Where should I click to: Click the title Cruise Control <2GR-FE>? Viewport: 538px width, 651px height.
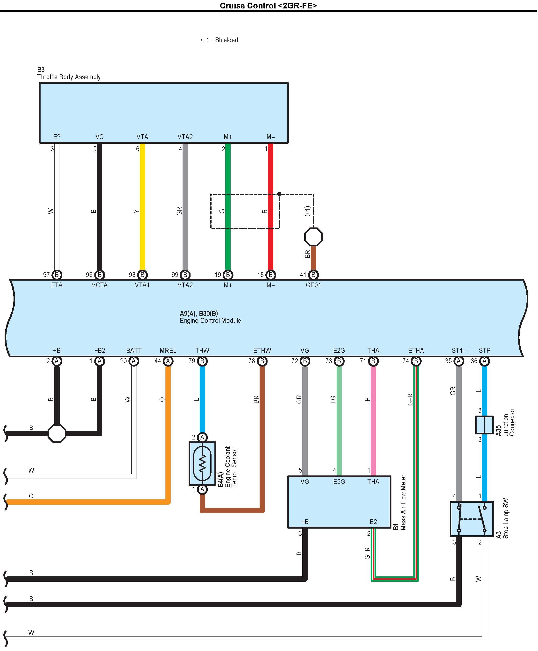pyautogui.click(x=268, y=6)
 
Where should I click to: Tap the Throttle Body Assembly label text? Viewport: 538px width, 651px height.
pyautogui.click(x=69, y=77)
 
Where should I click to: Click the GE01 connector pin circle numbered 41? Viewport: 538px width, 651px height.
pyautogui.click(x=313, y=275)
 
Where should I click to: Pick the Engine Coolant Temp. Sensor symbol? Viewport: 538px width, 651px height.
pyautogui.click(x=202, y=463)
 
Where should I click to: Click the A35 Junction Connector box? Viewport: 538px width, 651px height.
pyautogui.click(x=484, y=425)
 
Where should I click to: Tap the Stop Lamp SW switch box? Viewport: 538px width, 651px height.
pyautogui.click(x=471, y=519)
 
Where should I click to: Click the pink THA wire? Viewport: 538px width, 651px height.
pyautogui.click(x=373, y=418)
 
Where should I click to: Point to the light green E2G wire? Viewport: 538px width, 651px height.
pyautogui.click(x=339, y=418)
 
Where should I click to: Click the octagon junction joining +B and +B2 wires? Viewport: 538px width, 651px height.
pyautogui.click(x=57, y=433)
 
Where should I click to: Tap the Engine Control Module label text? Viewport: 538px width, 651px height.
pyautogui.click(x=210, y=321)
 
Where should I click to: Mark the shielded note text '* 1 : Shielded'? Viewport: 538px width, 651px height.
pyautogui.click(x=219, y=40)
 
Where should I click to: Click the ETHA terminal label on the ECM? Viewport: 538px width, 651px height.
pyautogui.click(x=416, y=350)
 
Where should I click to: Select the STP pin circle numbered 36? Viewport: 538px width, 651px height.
pyautogui.click(x=484, y=361)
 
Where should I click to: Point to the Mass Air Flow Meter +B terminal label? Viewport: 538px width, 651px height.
pyautogui.click(x=305, y=522)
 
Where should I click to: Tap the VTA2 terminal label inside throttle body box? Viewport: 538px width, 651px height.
pyautogui.click(x=185, y=137)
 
